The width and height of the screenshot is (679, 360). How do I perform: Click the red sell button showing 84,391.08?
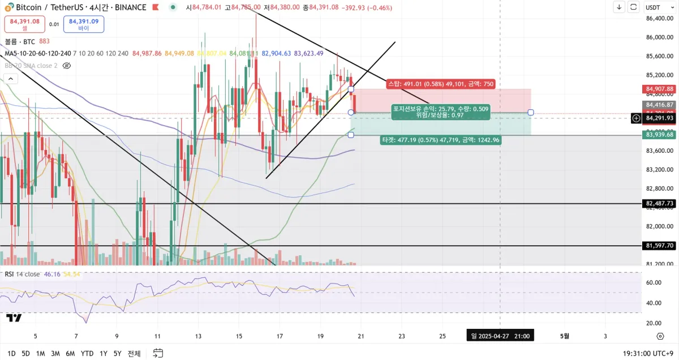(x=24, y=24)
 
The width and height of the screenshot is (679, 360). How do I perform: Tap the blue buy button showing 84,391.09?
(x=83, y=24)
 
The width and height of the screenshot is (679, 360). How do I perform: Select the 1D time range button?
(x=11, y=353)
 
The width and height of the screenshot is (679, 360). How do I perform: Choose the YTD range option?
(x=87, y=353)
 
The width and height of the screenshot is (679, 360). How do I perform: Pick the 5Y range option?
(x=117, y=353)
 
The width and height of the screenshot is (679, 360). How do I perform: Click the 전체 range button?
(x=134, y=353)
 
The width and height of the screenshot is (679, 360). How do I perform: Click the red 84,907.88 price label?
(x=659, y=89)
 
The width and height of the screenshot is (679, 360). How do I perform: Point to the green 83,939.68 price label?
(x=659, y=134)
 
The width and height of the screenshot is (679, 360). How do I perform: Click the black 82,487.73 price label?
(x=659, y=203)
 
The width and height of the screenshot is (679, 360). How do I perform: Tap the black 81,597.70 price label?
(x=659, y=246)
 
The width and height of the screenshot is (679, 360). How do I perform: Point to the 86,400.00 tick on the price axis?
(x=659, y=18)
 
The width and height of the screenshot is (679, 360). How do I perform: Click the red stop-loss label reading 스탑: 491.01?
(x=440, y=84)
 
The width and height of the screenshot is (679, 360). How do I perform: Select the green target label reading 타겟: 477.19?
(x=440, y=139)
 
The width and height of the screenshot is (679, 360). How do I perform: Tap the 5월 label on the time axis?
(x=565, y=336)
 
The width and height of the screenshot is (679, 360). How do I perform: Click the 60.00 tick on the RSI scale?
(x=654, y=282)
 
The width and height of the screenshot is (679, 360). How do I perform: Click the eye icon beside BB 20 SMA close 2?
(x=66, y=66)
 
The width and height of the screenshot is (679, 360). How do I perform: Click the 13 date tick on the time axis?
(x=198, y=336)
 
